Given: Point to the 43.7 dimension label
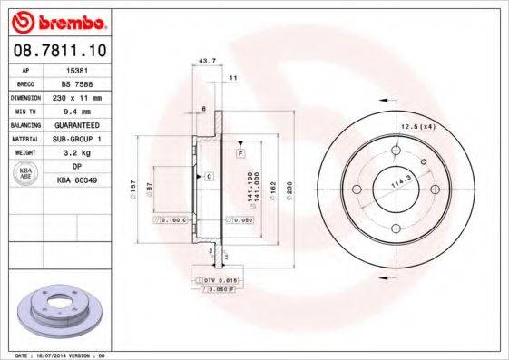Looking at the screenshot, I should point(206,61).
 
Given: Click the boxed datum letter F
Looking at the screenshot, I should point(241,155).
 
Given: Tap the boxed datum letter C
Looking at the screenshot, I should point(209,175).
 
